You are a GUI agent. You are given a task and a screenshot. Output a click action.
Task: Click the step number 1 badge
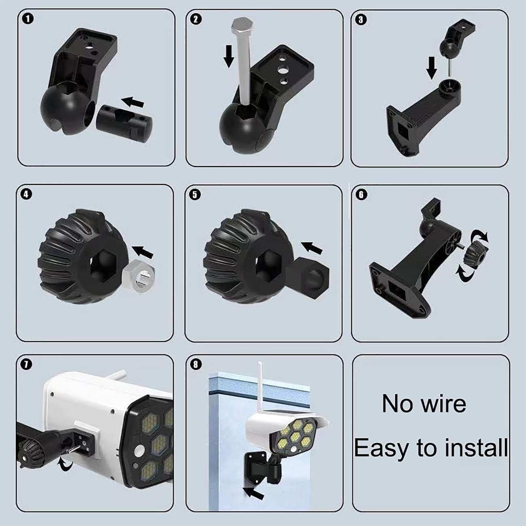(29, 19)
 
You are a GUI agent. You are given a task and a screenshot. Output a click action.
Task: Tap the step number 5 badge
(195, 195)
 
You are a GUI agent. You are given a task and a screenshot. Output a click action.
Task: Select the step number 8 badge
(195, 365)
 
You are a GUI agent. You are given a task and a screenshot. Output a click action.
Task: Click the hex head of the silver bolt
(242, 25)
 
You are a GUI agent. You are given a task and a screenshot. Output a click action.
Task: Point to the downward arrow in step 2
(229, 56)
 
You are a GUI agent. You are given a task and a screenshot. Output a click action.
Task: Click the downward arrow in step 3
(432, 68)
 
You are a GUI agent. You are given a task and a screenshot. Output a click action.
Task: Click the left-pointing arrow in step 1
(133, 102)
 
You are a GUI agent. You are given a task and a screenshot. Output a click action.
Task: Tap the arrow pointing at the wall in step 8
(253, 493)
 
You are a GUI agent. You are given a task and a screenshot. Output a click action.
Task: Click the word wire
(443, 404)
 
